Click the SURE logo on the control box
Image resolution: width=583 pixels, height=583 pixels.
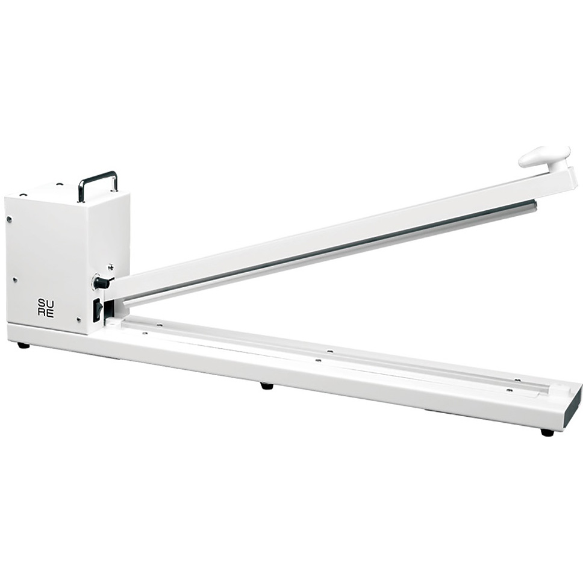pyautogui.click(x=46, y=308)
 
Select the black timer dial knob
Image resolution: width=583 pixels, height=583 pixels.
pyautogui.click(x=101, y=282)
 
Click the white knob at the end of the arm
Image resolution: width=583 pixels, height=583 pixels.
pyautogui.click(x=544, y=157)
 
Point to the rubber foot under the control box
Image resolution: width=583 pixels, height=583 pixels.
pyautogui.click(x=23, y=346)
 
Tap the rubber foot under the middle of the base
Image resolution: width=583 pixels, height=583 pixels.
pyautogui.click(x=266, y=385)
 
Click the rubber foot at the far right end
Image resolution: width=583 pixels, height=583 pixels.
pyautogui.click(x=547, y=432)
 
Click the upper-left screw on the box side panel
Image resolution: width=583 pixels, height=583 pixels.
pyautogui.click(x=10, y=219)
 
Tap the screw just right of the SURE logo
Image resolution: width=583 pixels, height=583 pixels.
pyautogui.click(x=78, y=319)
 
